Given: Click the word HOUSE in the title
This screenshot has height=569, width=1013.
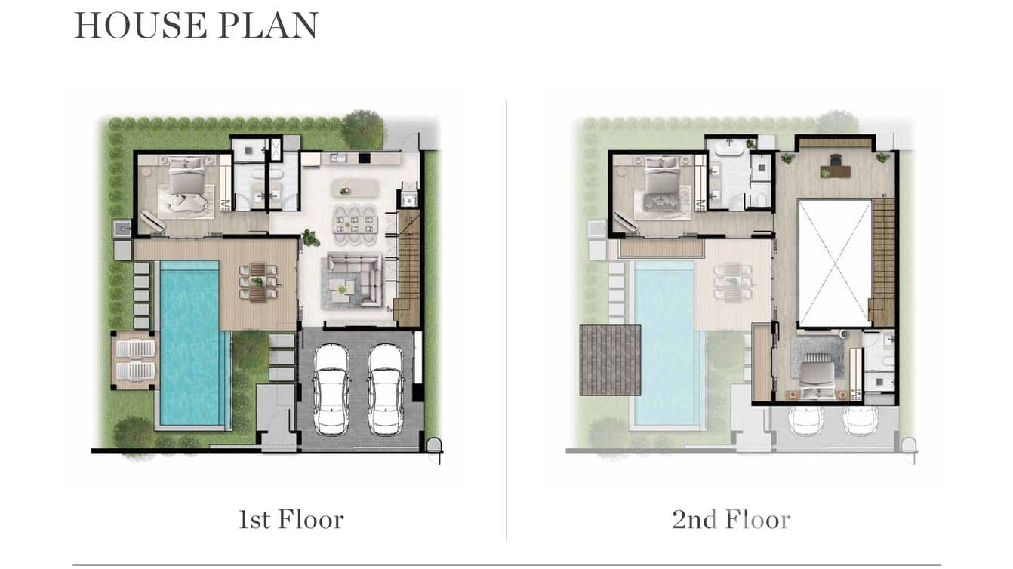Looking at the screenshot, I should click(139, 25).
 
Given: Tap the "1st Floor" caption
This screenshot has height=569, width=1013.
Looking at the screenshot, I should click(291, 520).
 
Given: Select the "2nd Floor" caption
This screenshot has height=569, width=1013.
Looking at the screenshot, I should click(731, 520).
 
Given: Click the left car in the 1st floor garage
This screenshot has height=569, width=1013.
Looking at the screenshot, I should click(331, 389).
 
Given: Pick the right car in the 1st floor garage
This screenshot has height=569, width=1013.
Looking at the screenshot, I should click(386, 389).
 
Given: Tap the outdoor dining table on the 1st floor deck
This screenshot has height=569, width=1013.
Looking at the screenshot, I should click(258, 282).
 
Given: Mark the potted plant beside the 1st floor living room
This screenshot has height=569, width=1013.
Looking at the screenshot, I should click(309, 238).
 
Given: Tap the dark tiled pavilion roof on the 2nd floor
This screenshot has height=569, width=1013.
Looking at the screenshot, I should click(610, 359).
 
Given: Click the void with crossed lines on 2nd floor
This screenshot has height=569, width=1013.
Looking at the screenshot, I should click(834, 263).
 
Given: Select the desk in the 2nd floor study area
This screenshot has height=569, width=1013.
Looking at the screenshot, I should click(836, 170).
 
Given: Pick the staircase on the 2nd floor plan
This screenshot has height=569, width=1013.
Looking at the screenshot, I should click(883, 260).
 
